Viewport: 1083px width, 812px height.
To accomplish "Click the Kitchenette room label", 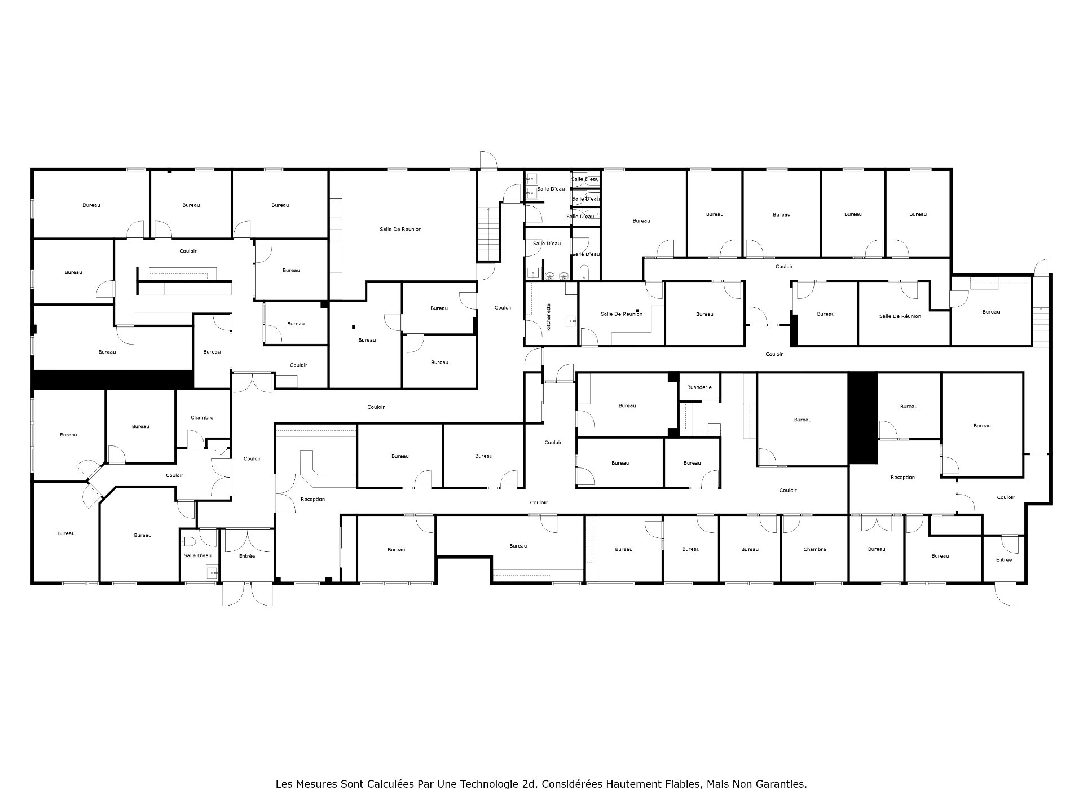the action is click(x=548, y=317).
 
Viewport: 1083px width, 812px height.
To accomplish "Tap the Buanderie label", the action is click(x=699, y=387).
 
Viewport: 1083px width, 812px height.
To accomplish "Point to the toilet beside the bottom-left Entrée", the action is click(x=191, y=542).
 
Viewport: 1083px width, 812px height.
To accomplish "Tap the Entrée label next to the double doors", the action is click(x=247, y=556).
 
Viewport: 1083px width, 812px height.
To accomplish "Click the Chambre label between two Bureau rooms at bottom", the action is click(x=815, y=549).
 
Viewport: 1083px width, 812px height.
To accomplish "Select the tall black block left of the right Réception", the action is click(x=862, y=418).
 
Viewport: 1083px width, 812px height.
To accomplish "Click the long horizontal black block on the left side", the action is click(x=113, y=379).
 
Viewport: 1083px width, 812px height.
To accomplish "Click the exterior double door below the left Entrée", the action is click(x=247, y=594).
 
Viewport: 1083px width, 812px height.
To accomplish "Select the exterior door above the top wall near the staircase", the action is click(x=488, y=160).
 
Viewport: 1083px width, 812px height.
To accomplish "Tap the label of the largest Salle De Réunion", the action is click(x=400, y=230).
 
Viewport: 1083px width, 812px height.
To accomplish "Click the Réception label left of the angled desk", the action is click(x=312, y=500).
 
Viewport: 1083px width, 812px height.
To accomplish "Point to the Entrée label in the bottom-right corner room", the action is click(x=1004, y=560).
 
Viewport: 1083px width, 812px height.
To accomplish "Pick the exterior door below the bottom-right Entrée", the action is click(x=1005, y=594).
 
